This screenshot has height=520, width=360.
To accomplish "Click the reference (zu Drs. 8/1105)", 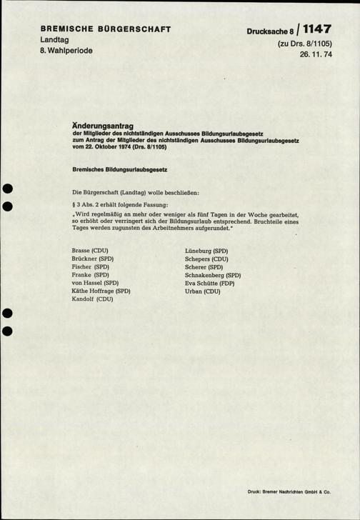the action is (309, 44).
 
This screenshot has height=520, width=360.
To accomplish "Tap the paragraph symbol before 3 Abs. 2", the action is (74, 205).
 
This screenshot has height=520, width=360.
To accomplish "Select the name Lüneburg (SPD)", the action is (206, 251).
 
